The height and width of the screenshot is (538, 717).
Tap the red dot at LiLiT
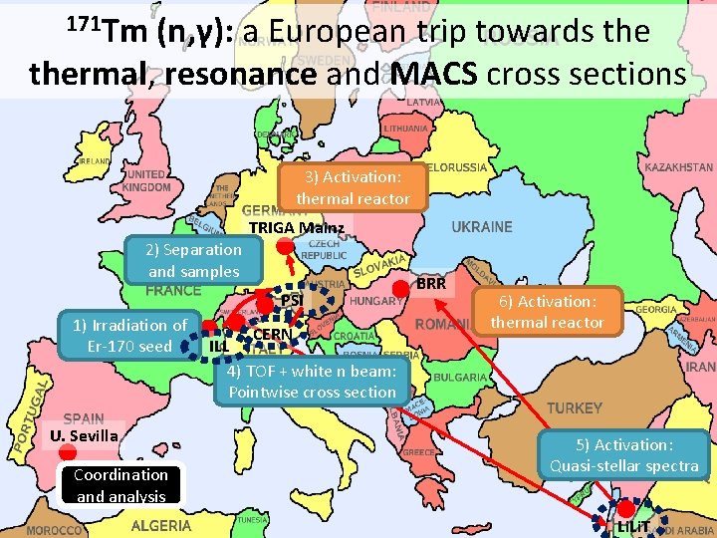point(626,511)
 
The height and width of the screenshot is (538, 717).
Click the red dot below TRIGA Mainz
point(286,247)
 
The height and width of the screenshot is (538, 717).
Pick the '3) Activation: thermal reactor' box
point(353,187)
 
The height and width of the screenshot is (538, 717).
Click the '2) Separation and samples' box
point(194,260)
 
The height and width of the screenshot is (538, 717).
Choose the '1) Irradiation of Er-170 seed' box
point(129,335)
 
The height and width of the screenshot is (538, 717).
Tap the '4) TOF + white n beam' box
point(313,382)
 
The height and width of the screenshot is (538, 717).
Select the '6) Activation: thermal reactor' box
point(547,312)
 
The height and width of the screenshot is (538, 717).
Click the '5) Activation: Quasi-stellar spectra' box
point(623,455)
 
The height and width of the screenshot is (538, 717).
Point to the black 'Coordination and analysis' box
point(120,485)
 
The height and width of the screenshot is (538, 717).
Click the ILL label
point(219,345)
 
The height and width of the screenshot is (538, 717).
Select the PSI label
point(291,301)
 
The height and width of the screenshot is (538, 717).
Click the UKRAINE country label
point(482,227)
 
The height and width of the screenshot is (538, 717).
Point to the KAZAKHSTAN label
point(678,167)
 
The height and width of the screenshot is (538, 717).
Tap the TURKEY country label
point(574,407)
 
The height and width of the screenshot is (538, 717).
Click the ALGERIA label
point(160,525)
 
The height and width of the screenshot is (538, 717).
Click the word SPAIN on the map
point(83,419)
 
